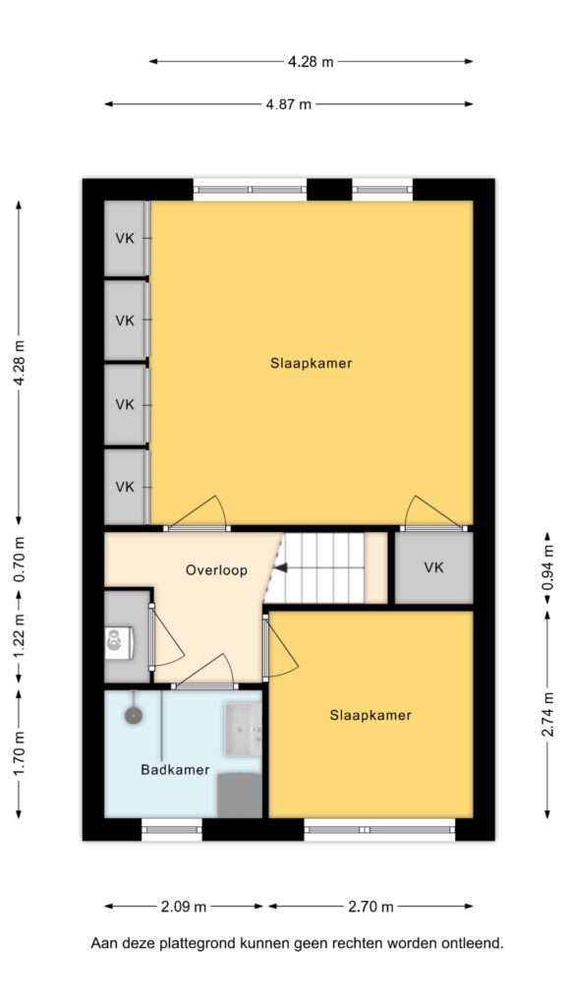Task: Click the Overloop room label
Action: point(216,570)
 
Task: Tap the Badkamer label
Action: point(175,770)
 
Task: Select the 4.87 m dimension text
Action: point(288,104)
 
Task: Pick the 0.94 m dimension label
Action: point(546,568)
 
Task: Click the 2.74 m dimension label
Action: point(546,714)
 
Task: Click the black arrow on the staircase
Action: point(280,567)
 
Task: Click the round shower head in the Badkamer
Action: point(134,715)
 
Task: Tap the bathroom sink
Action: point(243,730)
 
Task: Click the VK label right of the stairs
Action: point(433,567)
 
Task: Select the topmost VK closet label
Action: point(125,238)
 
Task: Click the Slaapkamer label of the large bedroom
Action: point(311,363)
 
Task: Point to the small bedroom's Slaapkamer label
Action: point(370,715)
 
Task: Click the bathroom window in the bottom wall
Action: point(171,830)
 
